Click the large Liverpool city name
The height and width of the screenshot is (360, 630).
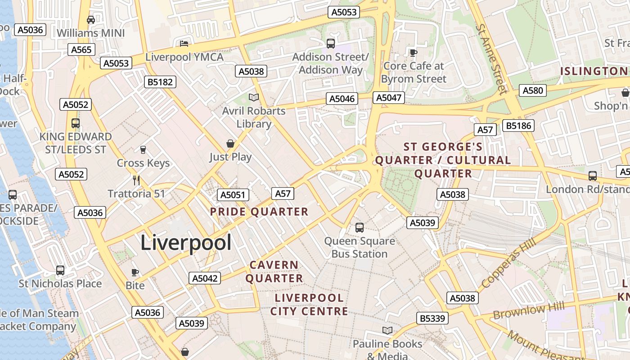(x=186, y=243)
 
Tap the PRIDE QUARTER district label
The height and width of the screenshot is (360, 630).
(x=259, y=212)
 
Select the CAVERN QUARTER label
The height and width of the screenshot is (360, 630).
(x=274, y=272)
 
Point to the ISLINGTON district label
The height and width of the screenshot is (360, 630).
(x=594, y=71)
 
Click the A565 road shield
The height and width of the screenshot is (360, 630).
(x=81, y=49)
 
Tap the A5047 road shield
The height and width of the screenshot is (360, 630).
(x=389, y=98)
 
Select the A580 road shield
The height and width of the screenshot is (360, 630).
(x=533, y=90)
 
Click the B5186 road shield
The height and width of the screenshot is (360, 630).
(x=519, y=126)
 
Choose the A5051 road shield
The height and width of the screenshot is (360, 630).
(x=233, y=195)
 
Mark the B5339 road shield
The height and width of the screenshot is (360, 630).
(x=432, y=319)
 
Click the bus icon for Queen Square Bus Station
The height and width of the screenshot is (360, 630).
(x=359, y=228)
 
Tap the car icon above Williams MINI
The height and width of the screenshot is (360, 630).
(x=91, y=20)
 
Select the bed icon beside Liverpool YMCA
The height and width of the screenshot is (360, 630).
(x=184, y=44)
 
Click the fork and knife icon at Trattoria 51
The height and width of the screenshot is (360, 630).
(x=136, y=180)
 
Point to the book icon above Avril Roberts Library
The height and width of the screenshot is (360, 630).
(x=254, y=97)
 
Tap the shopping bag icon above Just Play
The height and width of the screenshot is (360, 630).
(x=230, y=144)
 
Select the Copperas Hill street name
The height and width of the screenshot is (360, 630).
(x=508, y=263)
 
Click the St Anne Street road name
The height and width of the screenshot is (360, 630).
(x=491, y=58)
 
